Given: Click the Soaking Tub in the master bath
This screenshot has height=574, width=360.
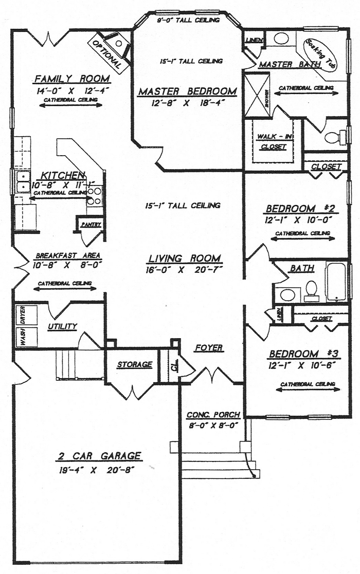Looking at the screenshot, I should coord(320,55).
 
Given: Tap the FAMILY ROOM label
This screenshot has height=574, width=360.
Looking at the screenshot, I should coord(72,79).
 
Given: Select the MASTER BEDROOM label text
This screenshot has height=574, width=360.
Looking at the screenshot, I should coord(188,91).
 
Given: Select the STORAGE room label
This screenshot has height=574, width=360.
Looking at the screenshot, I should coord(135,365).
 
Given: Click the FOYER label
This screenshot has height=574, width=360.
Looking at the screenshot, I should coord(209,348).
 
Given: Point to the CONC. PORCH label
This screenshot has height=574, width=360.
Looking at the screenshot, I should coord(212,415).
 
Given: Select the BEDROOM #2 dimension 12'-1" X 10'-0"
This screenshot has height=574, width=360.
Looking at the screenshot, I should coord(299,219).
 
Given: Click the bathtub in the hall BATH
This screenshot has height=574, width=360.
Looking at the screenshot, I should coord(337,282).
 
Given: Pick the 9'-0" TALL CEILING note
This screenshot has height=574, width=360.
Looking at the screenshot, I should coord(188,21).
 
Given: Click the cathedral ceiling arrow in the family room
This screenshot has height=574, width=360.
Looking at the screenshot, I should coord(71,106).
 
